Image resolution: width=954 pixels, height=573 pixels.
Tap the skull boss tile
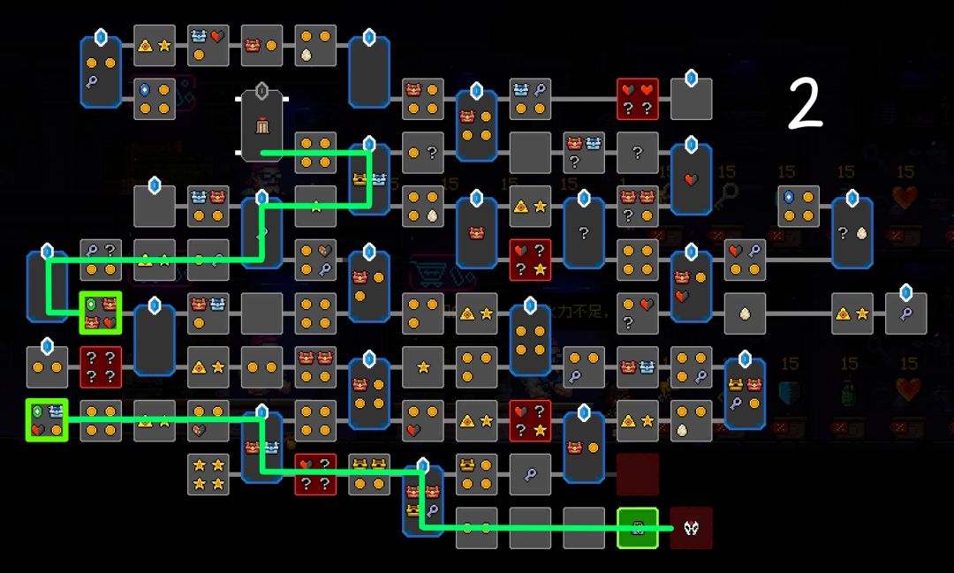point(691,528)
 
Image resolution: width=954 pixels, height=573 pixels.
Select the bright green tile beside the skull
point(637,528)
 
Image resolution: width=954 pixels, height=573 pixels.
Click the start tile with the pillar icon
point(261,125)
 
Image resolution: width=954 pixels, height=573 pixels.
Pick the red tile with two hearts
point(637,99)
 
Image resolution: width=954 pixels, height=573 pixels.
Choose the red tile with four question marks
point(101,366)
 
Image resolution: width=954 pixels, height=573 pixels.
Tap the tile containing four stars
point(208,474)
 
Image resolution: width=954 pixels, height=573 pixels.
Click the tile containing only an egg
point(745,313)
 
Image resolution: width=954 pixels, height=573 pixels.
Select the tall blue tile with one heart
point(691,180)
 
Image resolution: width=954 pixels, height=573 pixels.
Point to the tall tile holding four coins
point(530,341)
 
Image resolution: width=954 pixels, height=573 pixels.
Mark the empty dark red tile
point(637,474)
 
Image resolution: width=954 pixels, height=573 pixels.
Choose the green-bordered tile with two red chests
point(100,313)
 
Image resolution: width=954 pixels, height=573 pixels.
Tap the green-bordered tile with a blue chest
point(47,420)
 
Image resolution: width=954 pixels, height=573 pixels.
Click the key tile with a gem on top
point(905,313)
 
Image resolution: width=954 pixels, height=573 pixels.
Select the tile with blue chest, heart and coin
point(208,45)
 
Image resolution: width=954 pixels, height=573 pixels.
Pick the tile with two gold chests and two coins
point(369,474)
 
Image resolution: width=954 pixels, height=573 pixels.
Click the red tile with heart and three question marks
point(315,474)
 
